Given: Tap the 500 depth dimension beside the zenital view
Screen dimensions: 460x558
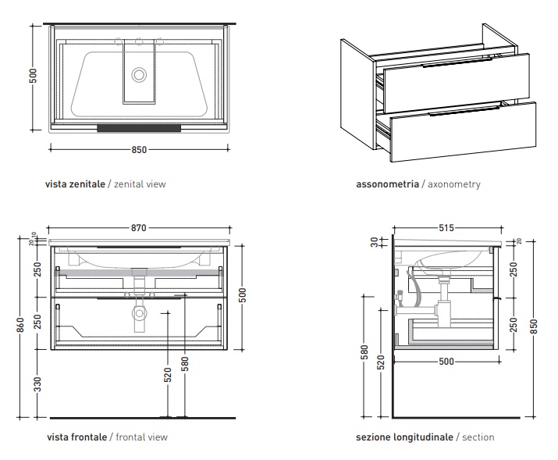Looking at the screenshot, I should point(34,77).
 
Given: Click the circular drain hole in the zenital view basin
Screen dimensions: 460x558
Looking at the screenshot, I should point(140,75).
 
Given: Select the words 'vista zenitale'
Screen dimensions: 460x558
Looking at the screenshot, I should point(75,184).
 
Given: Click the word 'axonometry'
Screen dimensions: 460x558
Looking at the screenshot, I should point(451,184).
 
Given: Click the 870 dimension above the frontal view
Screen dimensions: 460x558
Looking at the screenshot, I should point(138,228).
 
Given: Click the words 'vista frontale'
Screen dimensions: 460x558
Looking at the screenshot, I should point(76,437).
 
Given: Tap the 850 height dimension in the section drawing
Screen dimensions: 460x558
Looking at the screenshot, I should point(535,327).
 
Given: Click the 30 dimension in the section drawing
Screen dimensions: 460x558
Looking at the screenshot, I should point(374,242).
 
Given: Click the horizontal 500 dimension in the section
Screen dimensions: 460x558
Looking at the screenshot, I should point(446,362).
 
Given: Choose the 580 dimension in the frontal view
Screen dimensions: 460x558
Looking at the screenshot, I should point(185,364).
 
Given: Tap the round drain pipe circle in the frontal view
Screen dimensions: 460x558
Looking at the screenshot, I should point(140,315).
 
